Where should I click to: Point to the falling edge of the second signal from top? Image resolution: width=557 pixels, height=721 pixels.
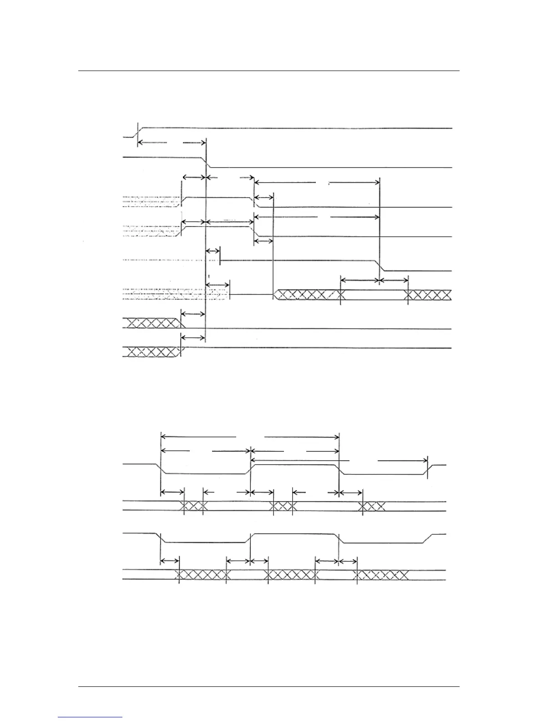click(207, 162)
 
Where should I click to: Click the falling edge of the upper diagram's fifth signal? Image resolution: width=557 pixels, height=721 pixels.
click(379, 265)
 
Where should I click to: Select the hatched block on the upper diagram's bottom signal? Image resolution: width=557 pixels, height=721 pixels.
click(153, 351)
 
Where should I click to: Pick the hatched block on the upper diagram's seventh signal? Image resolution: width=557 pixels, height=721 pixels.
click(153, 323)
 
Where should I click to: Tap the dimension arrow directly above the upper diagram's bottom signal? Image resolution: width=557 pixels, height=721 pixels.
click(193, 337)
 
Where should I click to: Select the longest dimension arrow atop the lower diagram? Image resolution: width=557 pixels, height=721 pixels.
click(250, 437)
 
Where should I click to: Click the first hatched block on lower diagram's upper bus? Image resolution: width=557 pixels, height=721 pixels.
click(193, 506)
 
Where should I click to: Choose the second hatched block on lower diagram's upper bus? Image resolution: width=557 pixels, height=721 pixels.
click(283, 506)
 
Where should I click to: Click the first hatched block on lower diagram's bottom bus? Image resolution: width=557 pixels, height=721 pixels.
click(201, 575)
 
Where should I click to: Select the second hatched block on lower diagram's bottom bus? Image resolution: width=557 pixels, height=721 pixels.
click(290, 575)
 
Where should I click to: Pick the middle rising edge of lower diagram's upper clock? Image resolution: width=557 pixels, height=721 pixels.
click(251, 469)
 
